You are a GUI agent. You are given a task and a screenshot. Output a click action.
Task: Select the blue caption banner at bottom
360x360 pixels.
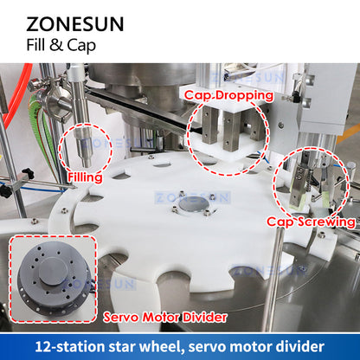pyautogui.click(x=180, y=345)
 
